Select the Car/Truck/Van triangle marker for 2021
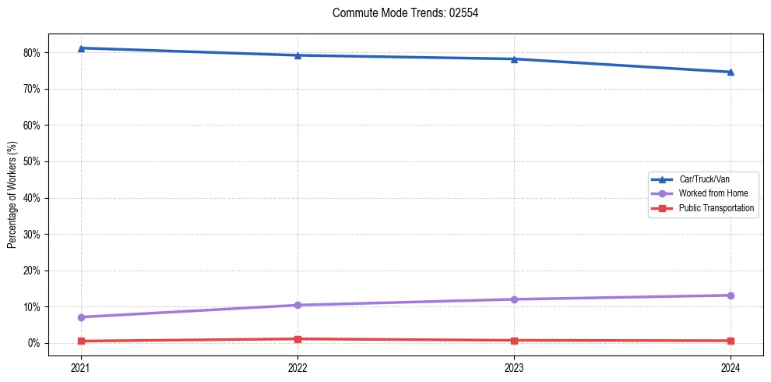[81, 48]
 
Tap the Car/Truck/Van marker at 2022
[297, 55]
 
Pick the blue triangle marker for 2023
[514, 59]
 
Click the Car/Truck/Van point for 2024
[731, 73]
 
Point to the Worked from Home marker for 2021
[81, 317]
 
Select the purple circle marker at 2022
[297, 305]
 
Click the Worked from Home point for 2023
[514, 299]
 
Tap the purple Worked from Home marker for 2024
[731, 295]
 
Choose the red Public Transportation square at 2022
[297, 339]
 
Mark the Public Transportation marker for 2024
[731, 341]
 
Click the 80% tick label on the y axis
[33, 53]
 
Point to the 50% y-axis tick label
[33, 161]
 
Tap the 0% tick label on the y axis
[35, 343]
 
